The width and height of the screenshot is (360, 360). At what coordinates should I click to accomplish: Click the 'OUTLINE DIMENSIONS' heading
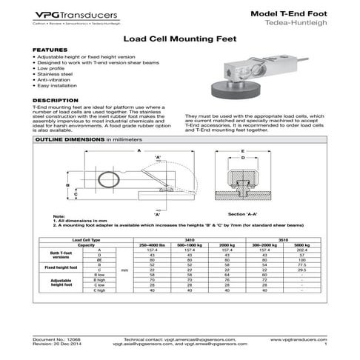point(70,139)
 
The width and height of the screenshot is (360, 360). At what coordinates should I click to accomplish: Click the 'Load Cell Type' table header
point(86,240)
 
